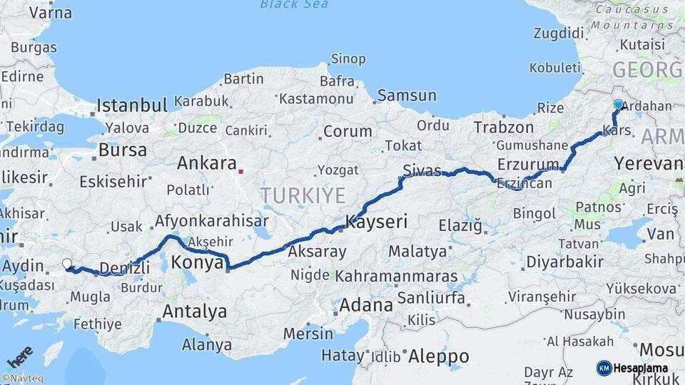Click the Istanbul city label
pos(132,106)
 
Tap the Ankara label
pos(206,163)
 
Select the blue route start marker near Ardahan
pos(618,104)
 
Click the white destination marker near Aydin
pos(67,264)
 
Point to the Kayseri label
pos(376,222)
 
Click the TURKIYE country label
pos(303,195)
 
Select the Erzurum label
pos(529,163)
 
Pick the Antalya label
pos(195,312)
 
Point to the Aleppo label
pos(437,356)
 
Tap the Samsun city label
pos(407,95)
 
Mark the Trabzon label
pos(504,128)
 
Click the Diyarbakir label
pos(564,262)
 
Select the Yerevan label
pos(648,163)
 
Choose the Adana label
pos(366,305)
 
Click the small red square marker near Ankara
pos(241,171)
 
